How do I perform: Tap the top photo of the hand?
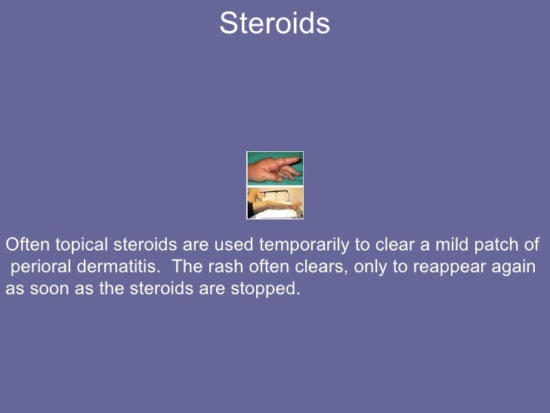point(275,168)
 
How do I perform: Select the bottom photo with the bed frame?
point(275,203)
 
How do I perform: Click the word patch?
point(499,245)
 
